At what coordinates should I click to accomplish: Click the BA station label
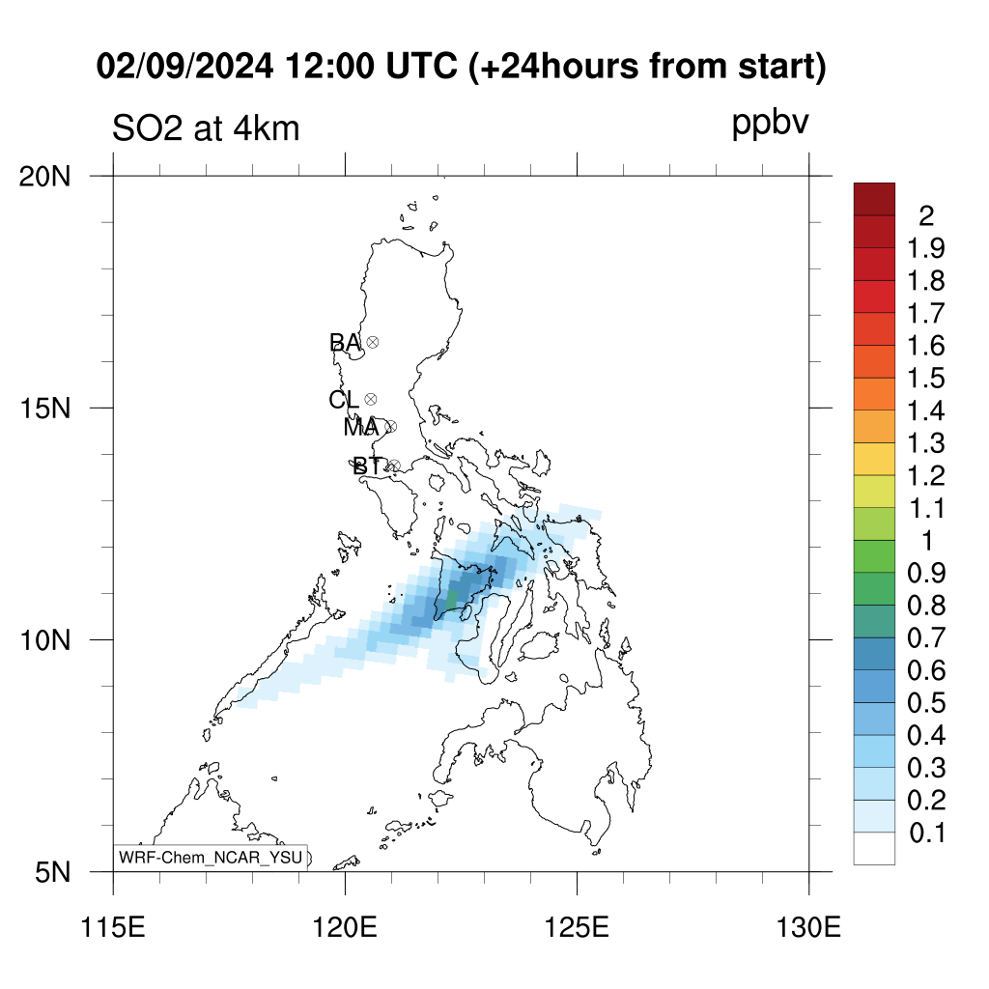(345, 343)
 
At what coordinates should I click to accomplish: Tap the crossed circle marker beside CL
(371, 399)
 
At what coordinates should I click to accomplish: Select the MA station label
(361, 427)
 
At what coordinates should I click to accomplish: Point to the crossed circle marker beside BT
(394, 466)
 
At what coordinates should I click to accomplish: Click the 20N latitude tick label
(44, 177)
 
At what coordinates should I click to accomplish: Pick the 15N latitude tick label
(44, 409)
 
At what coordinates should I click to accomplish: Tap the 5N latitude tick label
(53, 873)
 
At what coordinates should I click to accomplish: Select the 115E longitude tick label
(114, 928)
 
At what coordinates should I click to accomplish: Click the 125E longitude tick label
(578, 928)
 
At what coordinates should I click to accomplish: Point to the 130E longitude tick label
(808, 928)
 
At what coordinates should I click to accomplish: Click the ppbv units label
(770, 124)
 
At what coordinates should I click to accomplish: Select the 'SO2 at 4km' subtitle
(206, 128)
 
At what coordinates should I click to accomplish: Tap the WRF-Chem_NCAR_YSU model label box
(211, 858)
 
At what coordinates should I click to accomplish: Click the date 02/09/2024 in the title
(184, 67)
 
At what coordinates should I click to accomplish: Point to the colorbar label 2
(926, 216)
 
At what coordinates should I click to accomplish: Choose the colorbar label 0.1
(927, 834)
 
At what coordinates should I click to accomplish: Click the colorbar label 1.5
(926, 379)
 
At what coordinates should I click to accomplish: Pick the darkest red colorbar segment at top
(874, 199)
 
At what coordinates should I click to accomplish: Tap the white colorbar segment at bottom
(874, 848)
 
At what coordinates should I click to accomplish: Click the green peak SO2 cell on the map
(452, 601)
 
